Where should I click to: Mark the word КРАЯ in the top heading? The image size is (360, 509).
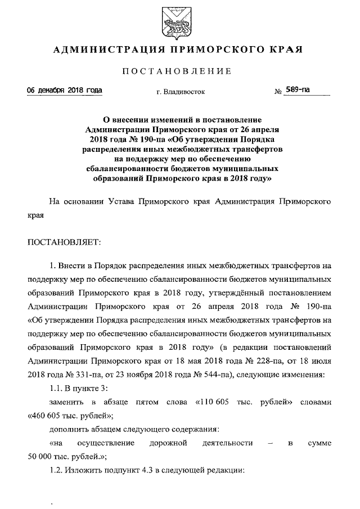tap(287, 49)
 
